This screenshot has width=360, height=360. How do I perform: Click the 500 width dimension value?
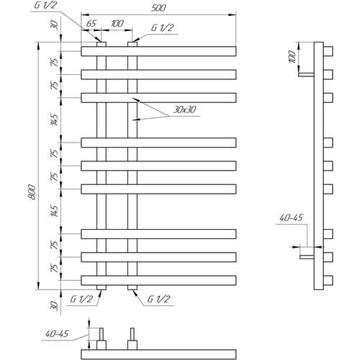pyautogui.click(x=158, y=8)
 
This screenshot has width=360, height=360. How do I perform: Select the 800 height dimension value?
pyautogui.click(x=32, y=192)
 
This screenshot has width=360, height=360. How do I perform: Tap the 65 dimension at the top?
pyautogui.click(x=91, y=24)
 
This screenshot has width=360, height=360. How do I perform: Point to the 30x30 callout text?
pyautogui.click(x=184, y=109)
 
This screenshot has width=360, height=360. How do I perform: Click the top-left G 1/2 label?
pyautogui.click(x=45, y=5)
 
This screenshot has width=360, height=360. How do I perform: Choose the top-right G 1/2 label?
pyautogui.click(x=162, y=28)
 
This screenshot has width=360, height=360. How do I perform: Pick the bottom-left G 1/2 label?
pyautogui.click(x=81, y=299)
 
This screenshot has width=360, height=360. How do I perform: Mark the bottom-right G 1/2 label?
pyautogui.click(x=158, y=299)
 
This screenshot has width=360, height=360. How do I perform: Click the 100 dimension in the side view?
pyautogui.click(x=292, y=57)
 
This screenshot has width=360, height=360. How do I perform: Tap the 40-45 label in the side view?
pyautogui.click(x=292, y=217)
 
